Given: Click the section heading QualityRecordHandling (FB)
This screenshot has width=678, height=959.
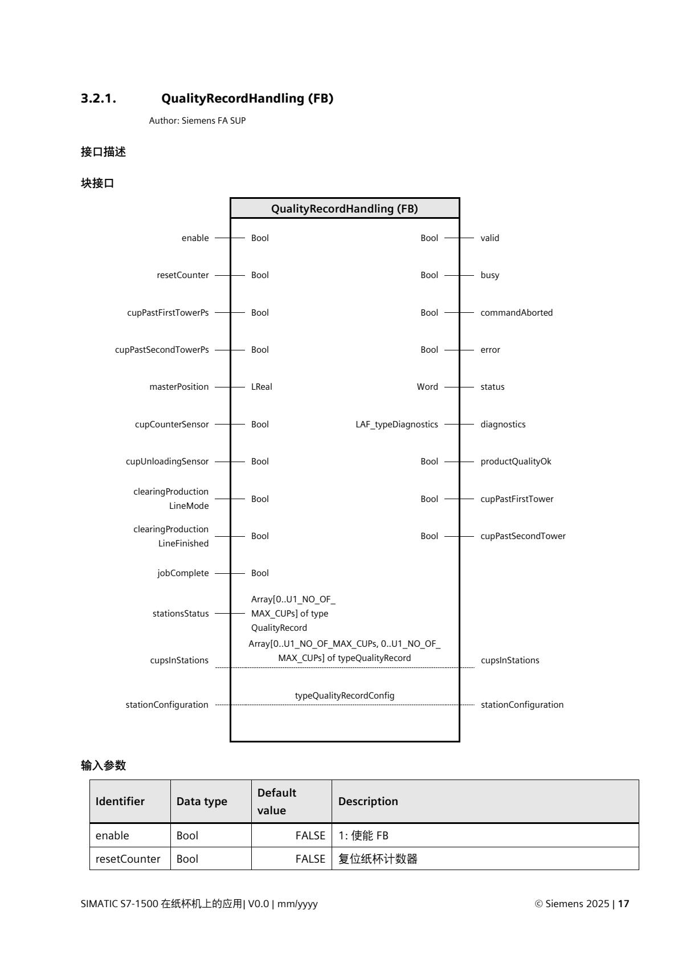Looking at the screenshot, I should (247, 99).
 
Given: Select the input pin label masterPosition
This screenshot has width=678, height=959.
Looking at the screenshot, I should (179, 387).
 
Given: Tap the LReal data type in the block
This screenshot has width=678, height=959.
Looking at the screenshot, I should (262, 387).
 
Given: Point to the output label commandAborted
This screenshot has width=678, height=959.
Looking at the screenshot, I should (516, 313).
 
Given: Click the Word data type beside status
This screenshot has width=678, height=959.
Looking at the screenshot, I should (427, 387).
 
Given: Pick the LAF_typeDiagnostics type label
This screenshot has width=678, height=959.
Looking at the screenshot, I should (397, 425).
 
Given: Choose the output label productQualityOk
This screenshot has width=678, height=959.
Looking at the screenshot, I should (516, 462).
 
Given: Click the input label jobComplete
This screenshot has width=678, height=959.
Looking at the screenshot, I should (183, 573).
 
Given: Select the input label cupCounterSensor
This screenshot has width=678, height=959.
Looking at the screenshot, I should (171, 425).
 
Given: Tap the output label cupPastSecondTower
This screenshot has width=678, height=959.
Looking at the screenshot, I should (523, 536).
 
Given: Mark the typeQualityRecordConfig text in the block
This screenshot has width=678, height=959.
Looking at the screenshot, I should (345, 696).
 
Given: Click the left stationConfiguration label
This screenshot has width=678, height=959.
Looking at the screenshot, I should (167, 705).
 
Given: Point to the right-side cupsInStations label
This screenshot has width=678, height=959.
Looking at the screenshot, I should (510, 660).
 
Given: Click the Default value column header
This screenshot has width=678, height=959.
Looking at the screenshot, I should (277, 801).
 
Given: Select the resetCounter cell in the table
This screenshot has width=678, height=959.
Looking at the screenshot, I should (128, 859).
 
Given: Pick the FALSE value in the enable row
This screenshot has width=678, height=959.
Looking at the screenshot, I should (310, 836).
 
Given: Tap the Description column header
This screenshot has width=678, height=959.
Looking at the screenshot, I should (368, 801).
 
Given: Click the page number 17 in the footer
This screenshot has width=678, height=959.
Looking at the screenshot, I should (624, 904).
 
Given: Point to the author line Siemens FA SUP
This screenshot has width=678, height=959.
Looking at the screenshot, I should (197, 121).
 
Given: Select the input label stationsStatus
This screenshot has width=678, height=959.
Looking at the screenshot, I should (181, 614).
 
